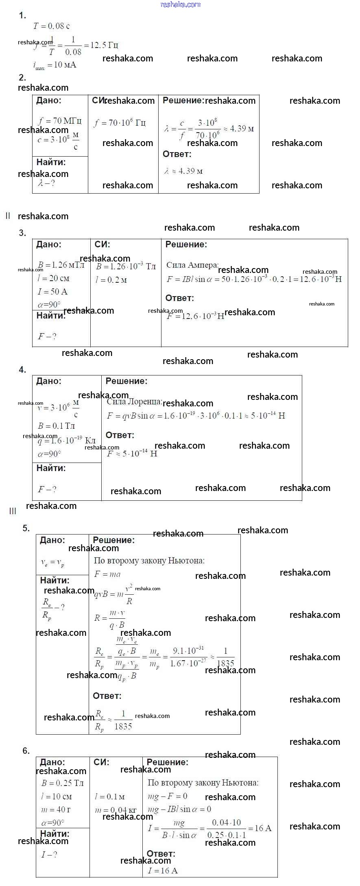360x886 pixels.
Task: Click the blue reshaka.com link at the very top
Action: tap(181, 4)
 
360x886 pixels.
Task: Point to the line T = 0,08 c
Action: tap(52, 26)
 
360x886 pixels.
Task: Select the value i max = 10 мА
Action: tap(55, 65)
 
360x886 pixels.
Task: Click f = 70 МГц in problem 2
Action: tap(60, 121)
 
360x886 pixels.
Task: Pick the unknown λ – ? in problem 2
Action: tap(46, 183)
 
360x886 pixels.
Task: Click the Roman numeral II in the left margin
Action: tap(8, 216)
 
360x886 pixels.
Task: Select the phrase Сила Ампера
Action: tap(192, 265)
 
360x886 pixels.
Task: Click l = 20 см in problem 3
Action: tap(54, 278)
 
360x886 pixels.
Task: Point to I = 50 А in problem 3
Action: tap(53, 292)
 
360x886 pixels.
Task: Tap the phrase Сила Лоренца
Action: tap(134, 402)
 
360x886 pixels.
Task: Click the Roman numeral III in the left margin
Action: tap(13, 511)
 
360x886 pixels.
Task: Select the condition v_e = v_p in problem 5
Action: tap(52, 563)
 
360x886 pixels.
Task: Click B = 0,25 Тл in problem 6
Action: tap(63, 783)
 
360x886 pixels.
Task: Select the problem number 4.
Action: tap(22, 370)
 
